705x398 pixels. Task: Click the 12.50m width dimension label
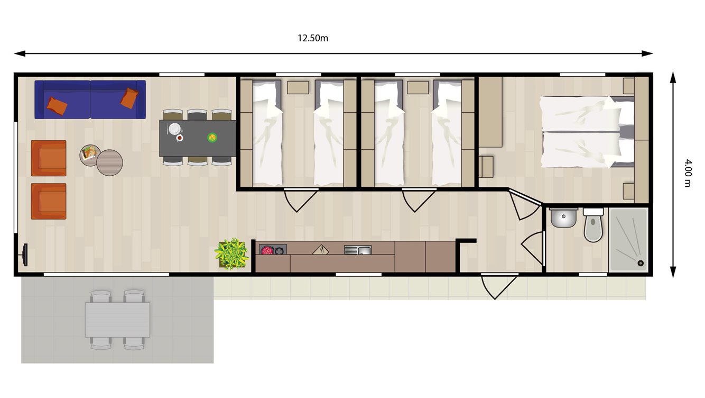coord(313,38)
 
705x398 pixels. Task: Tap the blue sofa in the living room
coord(90,99)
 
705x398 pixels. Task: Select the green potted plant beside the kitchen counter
coord(231,254)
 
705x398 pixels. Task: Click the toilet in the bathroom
coord(593,227)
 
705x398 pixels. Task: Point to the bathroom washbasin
coord(563,218)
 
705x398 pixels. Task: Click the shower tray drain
coord(641,263)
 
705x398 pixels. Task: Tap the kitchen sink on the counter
coord(357,249)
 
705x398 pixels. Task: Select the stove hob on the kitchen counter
coord(272,250)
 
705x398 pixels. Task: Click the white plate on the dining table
coord(174,128)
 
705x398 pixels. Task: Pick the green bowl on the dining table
coord(212,138)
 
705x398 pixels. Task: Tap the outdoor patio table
coord(117,320)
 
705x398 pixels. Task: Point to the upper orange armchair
coord(49,158)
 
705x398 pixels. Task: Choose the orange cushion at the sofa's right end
coord(129,98)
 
